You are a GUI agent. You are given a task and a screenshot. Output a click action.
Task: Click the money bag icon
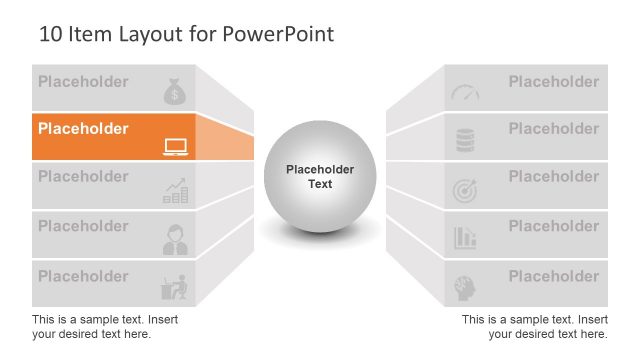[174, 92]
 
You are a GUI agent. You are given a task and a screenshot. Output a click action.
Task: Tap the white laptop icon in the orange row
[175, 147]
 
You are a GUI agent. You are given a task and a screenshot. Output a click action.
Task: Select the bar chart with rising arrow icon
[175, 191]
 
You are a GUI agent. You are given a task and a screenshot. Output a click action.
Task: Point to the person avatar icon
[175, 239]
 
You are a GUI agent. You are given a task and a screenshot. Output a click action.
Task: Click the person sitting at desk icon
[175, 287]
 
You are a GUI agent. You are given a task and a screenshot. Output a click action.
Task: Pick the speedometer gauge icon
[465, 93]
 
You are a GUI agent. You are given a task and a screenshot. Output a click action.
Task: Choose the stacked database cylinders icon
[465, 141]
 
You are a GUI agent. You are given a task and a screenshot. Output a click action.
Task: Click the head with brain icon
[465, 287]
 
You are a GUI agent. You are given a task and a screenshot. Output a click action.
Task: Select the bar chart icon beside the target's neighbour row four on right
[465, 238]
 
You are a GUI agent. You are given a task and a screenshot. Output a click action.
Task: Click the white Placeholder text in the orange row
[83, 129]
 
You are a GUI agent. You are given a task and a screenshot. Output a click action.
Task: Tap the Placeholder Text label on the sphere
[319, 177]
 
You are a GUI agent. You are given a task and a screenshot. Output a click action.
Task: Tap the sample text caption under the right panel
[534, 326]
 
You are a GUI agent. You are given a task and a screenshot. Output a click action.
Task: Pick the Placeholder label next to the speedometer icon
[553, 81]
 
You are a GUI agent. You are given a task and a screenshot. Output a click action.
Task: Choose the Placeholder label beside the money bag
[83, 81]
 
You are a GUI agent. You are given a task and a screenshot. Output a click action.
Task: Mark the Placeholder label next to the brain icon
[553, 275]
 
